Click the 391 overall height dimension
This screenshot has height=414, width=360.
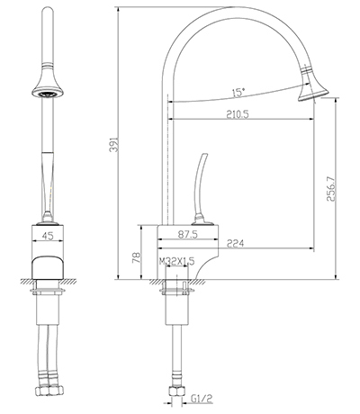114,145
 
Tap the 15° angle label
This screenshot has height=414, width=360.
238,92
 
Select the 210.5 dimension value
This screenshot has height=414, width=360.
238,114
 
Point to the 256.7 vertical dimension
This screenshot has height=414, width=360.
330,189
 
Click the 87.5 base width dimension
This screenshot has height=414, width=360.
188,234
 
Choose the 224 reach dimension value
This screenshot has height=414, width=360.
235,243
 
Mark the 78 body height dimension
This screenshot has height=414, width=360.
137,257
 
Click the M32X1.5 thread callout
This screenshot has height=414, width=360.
177,261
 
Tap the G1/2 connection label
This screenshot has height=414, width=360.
202,399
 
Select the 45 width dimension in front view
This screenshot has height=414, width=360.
48,236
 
